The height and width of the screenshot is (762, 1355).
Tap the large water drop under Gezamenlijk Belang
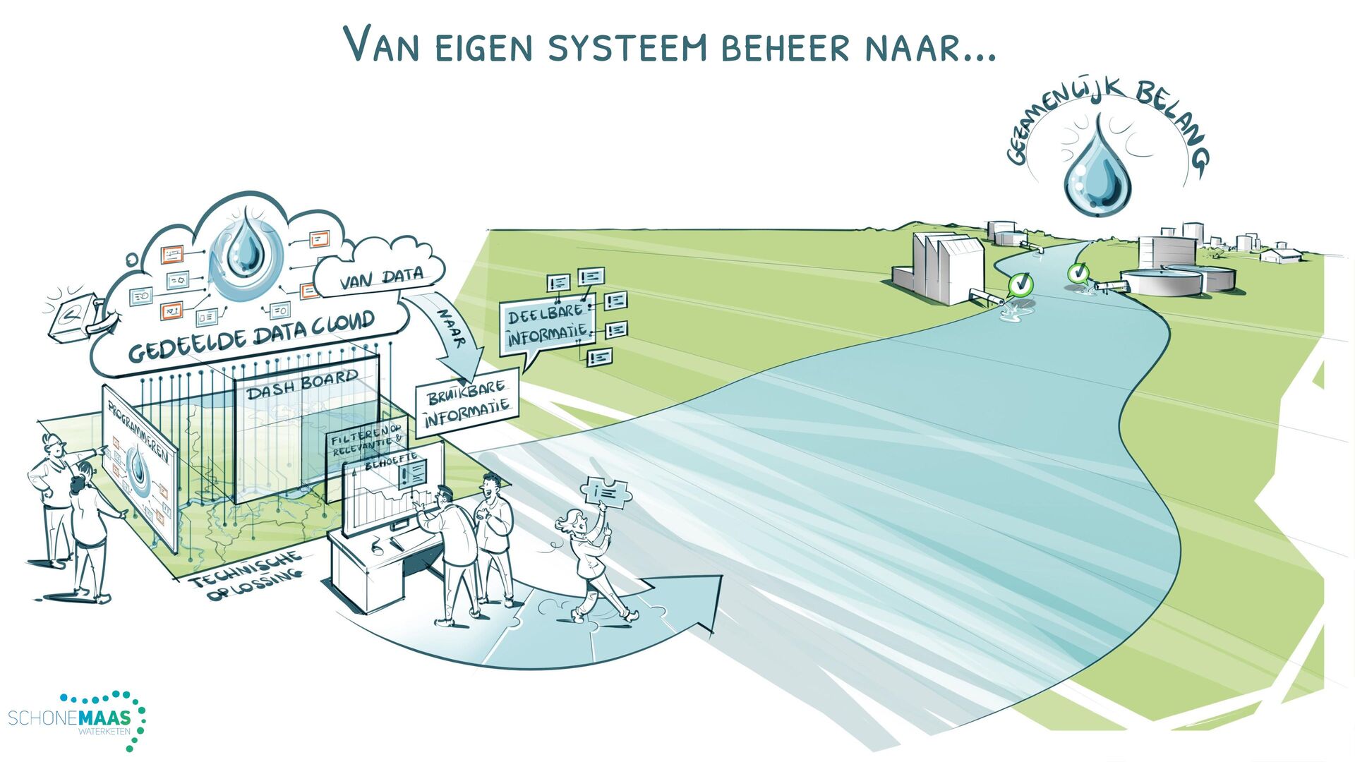click(x=1096, y=173)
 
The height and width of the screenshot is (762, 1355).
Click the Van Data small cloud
click(x=381, y=278)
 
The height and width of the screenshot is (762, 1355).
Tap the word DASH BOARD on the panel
click(x=303, y=385)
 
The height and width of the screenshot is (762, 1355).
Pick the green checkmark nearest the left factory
click(x=1020, y=284)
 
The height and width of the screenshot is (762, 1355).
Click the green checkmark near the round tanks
click(x=1078, y=272)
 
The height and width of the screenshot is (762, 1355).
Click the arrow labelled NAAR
click(x=452, y=339)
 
